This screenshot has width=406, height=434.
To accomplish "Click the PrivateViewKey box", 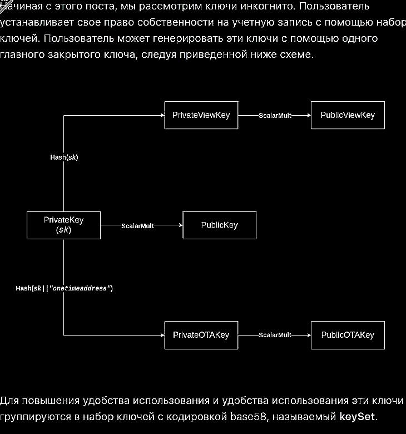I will click(x=201, y=115).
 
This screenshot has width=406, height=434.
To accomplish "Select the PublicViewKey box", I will click(x=348, y=115).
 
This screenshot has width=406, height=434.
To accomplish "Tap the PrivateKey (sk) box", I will click(x=63, y=225).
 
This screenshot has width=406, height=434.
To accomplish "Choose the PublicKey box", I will click(x=219, y=225).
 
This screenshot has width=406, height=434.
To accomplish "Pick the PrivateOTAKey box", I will click(x=201, y=335).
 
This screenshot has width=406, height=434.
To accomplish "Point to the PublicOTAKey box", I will click(x=348, y=335).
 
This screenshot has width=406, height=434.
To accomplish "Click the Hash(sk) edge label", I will click(x=64, y=157).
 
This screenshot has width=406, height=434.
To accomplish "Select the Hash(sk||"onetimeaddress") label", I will click(x=64, y=288).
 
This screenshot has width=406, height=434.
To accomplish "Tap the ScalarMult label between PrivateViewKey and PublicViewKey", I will click(x=275, y=115).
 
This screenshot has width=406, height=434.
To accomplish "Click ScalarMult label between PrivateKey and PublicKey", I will click(x=137, y=225).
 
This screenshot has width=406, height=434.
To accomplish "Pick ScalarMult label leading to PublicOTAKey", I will click(x=275, y=335).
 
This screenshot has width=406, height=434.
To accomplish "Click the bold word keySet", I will click(x=357, y=416).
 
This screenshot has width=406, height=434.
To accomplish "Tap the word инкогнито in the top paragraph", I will click(x=267, y=8).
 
